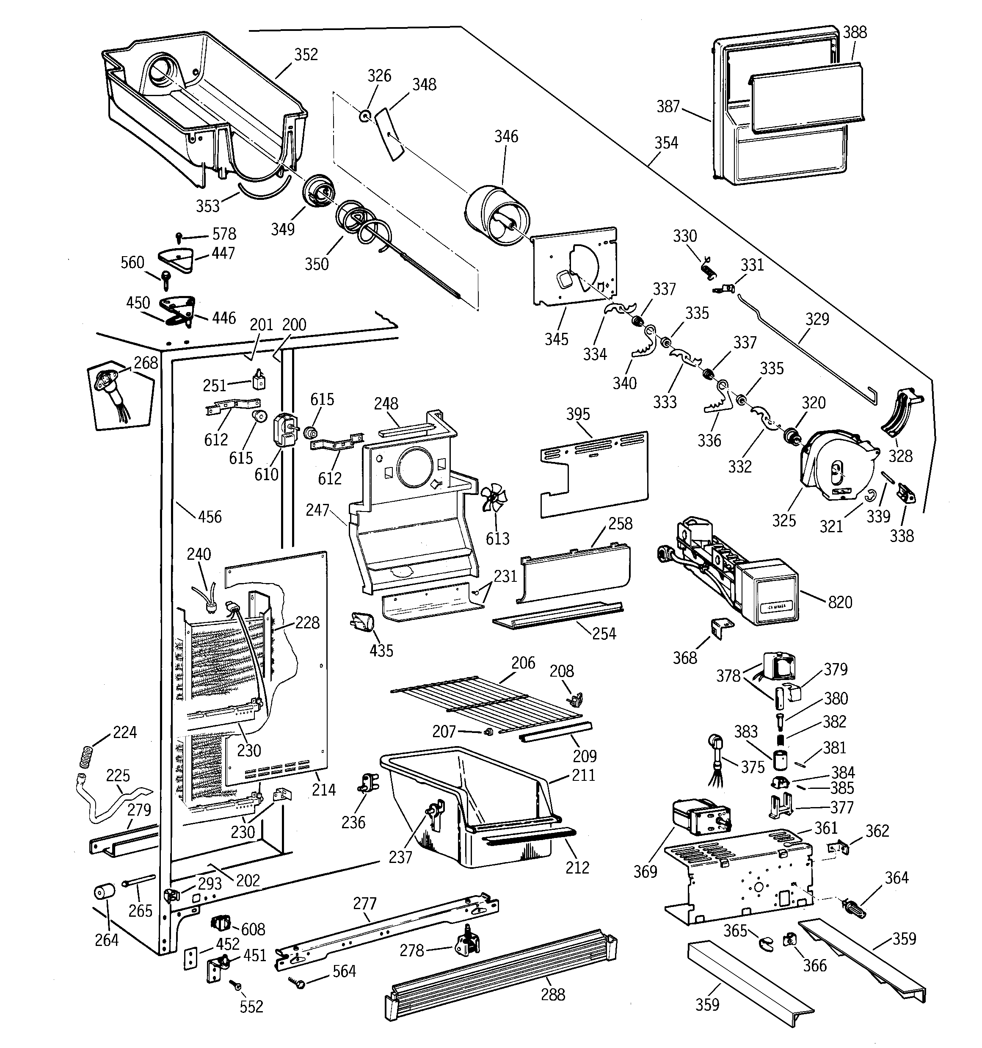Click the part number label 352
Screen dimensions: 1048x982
306,55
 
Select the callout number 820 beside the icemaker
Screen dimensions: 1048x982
840,602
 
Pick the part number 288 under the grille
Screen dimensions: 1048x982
552,994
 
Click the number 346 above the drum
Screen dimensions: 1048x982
506,136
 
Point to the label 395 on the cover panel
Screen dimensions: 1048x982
578,414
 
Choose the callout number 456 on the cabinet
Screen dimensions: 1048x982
209,517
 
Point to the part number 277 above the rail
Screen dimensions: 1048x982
365,903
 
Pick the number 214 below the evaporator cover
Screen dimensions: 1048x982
323,789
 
